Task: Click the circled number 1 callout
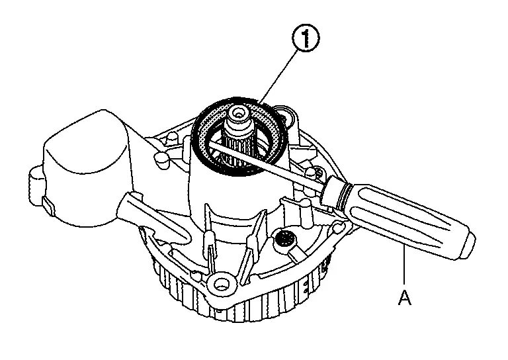click(306, 38)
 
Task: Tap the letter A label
click(404, 297)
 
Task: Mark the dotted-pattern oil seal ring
click(239, 136)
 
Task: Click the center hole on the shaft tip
click(239, 114)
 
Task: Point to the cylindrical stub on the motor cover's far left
click(36, 183)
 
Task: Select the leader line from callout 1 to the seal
click(279, 77)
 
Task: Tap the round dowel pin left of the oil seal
click(161, 159)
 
